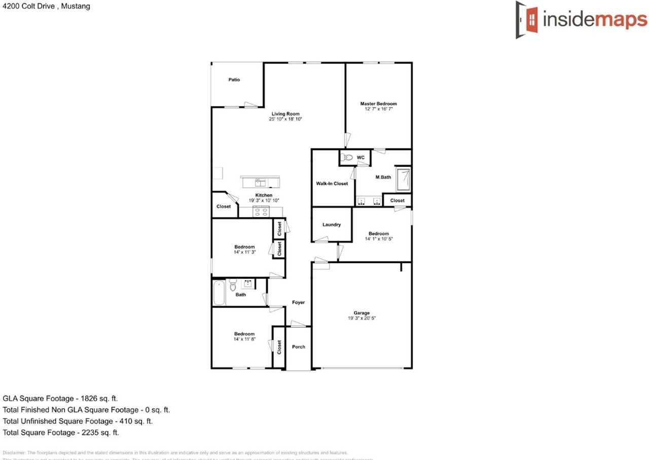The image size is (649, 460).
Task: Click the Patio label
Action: [234, 80]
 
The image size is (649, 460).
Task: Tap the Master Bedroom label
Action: [378, 103]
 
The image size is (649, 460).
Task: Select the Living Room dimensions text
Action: [285, 119]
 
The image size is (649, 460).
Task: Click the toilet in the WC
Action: [347, 158]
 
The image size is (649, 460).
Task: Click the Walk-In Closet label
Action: [332, 183]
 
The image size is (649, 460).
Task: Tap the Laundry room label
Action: [332, 225]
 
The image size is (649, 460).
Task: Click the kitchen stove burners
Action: [261, 212]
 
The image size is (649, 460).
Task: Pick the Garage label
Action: [362, 313]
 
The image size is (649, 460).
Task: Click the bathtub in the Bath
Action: [219, 293]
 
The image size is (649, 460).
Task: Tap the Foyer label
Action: [299, 302]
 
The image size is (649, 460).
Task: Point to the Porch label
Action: [299, 347]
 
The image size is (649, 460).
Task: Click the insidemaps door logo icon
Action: [527, 19]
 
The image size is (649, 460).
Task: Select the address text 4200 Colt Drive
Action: [46, 7]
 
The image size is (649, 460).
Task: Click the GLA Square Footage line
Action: [60, 399]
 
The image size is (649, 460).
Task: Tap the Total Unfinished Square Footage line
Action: [78, 421]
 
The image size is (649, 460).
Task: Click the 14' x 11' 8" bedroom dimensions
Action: [244, 339]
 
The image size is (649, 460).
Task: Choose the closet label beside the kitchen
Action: [224, 206]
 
